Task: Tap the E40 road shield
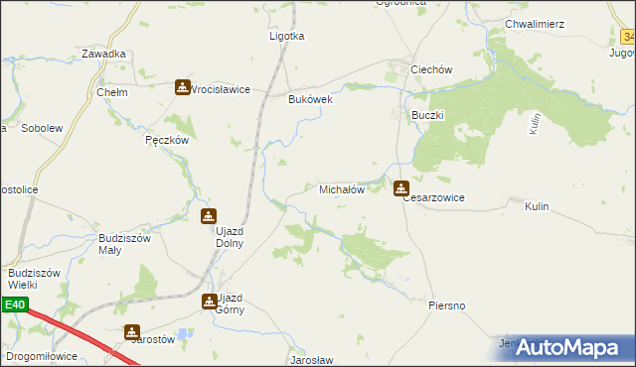[14, 306]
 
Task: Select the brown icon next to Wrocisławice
[183, 87]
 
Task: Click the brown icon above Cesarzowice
[400, 187]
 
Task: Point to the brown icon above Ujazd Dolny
[208, 216]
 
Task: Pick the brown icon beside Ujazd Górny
[210, 301]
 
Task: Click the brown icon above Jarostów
[132, 333]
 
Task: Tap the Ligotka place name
[287, 36]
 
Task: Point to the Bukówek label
[309, 99]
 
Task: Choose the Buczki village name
[428, 115]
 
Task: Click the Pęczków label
[167, 140]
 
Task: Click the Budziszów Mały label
[123, 244]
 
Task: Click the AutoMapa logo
[568, 346]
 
